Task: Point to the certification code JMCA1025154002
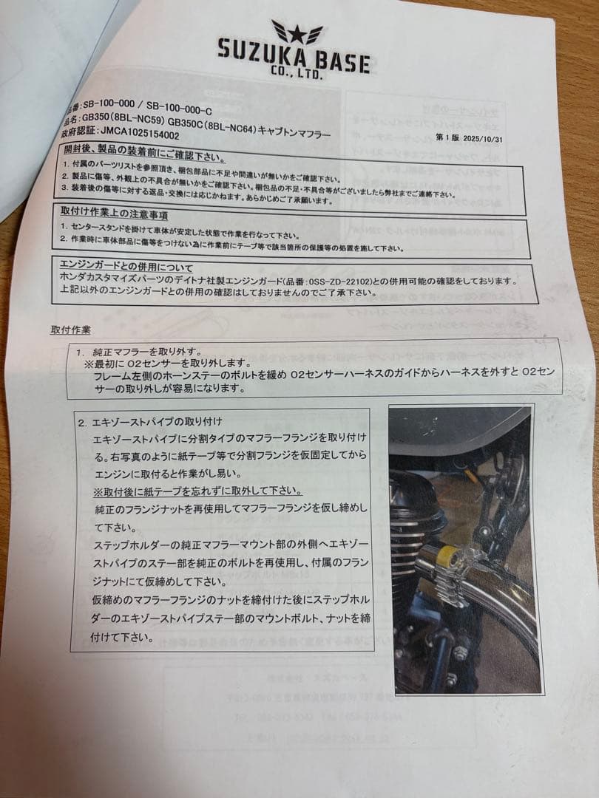pos(131,136)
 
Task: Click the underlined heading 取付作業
pos(72,329)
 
